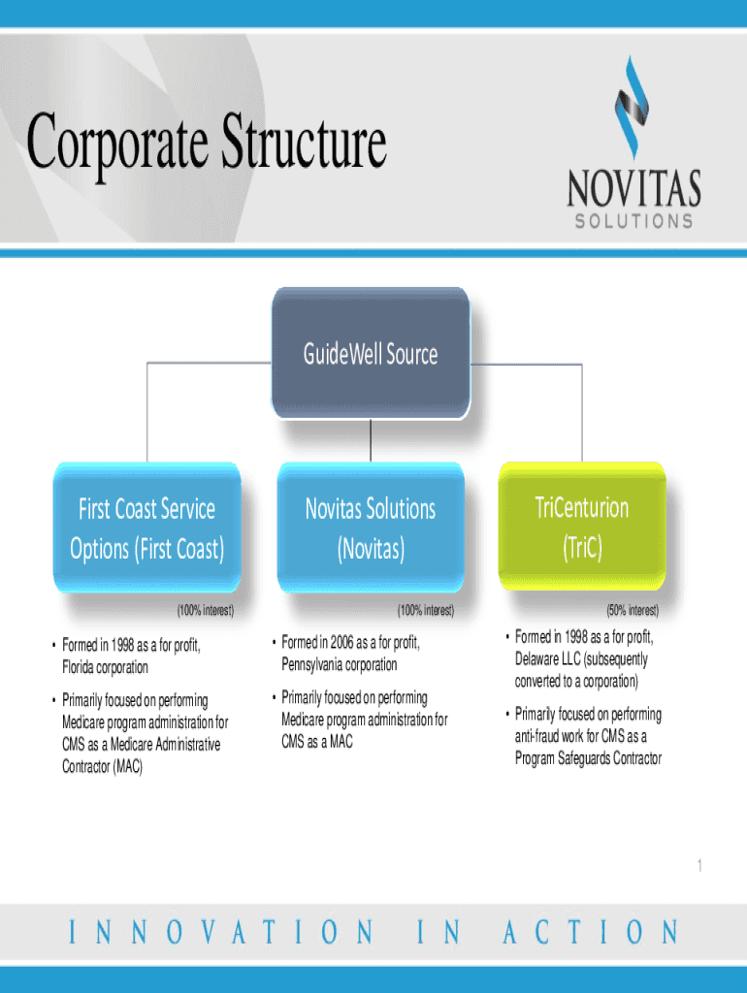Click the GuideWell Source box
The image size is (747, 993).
[x=370, y=353]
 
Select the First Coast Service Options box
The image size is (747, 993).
[x=147, y=529]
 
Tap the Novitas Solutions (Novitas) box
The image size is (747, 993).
[x=370, y=529]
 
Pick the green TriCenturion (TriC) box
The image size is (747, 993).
[x=582, y=527]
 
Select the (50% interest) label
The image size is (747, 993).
[x=633, y=611]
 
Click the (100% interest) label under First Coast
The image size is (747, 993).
[x=205, y=611]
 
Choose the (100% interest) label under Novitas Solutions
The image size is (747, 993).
[x=425, y=611]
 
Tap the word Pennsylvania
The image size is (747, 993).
[x=317, y=665]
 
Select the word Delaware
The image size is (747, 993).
[x=538, y=659]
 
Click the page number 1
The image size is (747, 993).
[x=698, y=866]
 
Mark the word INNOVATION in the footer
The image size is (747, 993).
[x=221, y=934]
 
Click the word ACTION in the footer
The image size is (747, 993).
[x=590, y=934]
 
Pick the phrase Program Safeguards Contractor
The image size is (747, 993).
[x=588, y=758]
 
